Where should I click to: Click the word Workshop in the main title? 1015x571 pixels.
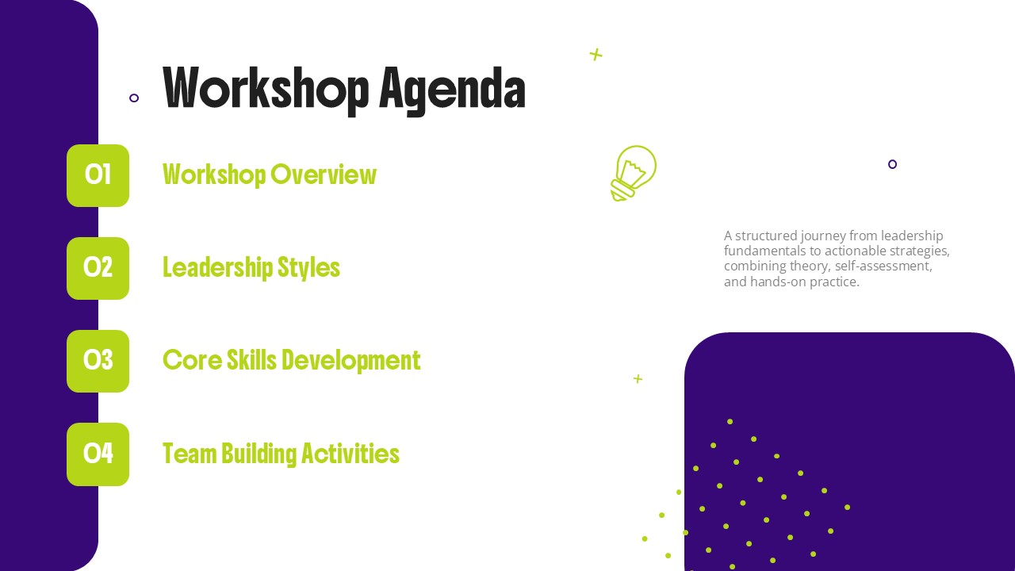(266, 88)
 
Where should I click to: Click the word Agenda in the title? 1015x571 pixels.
(452, 90)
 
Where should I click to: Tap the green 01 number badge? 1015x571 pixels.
(98, 175)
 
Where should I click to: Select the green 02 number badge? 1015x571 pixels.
(98, 268)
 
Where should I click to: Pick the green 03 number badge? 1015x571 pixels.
(98, 361)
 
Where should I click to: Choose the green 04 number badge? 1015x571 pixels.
(98, 454)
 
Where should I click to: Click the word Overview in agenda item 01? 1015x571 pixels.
(324, 174)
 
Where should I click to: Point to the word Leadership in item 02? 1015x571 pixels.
(217, 268)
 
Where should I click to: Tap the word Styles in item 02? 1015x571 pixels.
(308, 268)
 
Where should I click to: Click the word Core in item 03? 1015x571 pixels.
(193, 361)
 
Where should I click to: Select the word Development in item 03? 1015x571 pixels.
(351, 361)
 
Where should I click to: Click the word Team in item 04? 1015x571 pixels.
(190, 454)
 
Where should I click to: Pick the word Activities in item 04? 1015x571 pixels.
(350, 454)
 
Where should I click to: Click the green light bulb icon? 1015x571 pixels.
(633, 173)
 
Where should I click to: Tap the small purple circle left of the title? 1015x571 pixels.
(134, 98)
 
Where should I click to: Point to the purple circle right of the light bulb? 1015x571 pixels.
(892, 164)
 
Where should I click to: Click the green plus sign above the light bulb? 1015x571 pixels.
(596, 55)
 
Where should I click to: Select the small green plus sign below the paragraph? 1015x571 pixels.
(638, 378)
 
